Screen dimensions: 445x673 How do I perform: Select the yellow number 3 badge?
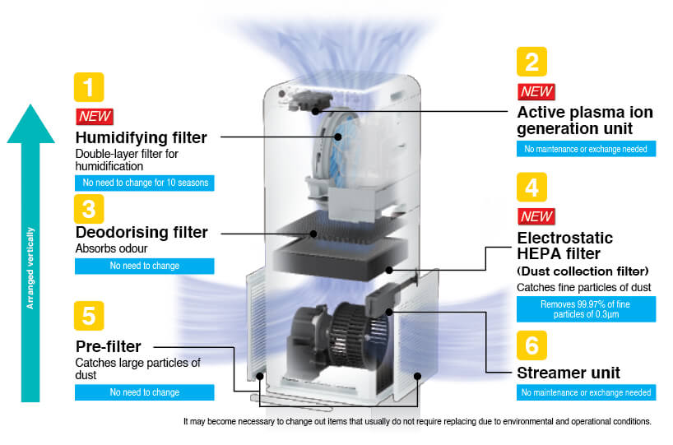click(88, 208)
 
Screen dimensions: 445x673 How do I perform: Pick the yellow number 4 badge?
click(531, 188)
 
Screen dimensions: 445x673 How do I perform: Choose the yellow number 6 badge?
click(531, 345)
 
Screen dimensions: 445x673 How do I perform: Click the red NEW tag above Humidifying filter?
click(95, 116)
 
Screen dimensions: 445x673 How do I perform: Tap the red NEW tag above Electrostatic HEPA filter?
click(536, 217)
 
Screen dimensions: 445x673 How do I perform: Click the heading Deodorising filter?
click(142, 233)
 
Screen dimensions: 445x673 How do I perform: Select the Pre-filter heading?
click(109, 346)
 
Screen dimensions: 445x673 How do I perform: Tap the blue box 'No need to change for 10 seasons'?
click(144, 183)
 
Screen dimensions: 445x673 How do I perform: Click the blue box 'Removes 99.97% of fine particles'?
click(586, 308)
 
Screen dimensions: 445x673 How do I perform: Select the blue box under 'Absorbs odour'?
click(144, 266)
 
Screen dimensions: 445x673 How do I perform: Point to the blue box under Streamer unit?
click(586, 392)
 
